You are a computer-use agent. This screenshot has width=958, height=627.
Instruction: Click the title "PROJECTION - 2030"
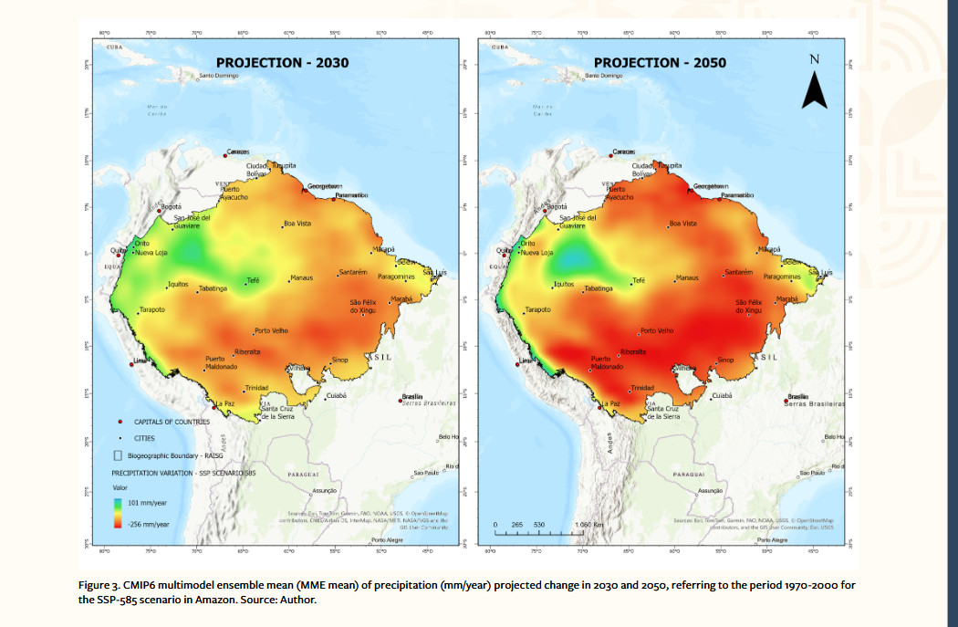click(282, 63)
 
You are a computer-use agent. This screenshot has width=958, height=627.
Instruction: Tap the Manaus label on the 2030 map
click(301, 277)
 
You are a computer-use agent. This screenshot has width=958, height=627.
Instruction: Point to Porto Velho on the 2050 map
click(657, 330)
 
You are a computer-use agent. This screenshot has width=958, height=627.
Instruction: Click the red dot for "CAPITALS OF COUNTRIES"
click(120, 422)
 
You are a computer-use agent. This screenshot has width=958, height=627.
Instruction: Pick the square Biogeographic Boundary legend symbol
click(118, 454)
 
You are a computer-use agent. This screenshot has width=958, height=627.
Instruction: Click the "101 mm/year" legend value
click(146, 503)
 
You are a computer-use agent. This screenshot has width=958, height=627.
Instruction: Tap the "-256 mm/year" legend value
click(148, 525)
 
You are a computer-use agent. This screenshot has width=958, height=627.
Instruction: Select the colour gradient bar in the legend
click(118, 514)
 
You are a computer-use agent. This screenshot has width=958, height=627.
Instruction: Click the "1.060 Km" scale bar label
click(589, 525)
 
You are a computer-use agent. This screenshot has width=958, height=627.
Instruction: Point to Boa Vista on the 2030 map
click(297, 223)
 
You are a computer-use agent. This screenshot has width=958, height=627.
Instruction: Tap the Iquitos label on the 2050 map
click(564, 284)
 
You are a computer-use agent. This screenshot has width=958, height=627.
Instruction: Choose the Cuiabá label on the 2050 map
click(721, 395)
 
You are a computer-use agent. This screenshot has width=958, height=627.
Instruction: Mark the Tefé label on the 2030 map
click(254, 279)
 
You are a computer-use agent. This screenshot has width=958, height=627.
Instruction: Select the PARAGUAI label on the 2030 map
click(302, 475)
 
